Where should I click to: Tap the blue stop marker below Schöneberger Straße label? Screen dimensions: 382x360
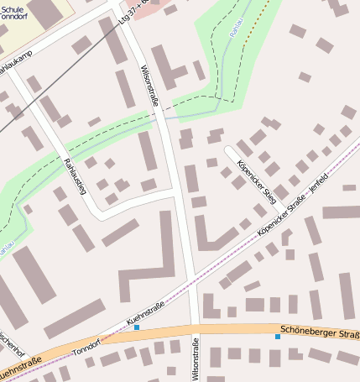(278, 337)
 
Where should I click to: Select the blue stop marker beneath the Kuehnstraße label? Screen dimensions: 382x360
(137, 327)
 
